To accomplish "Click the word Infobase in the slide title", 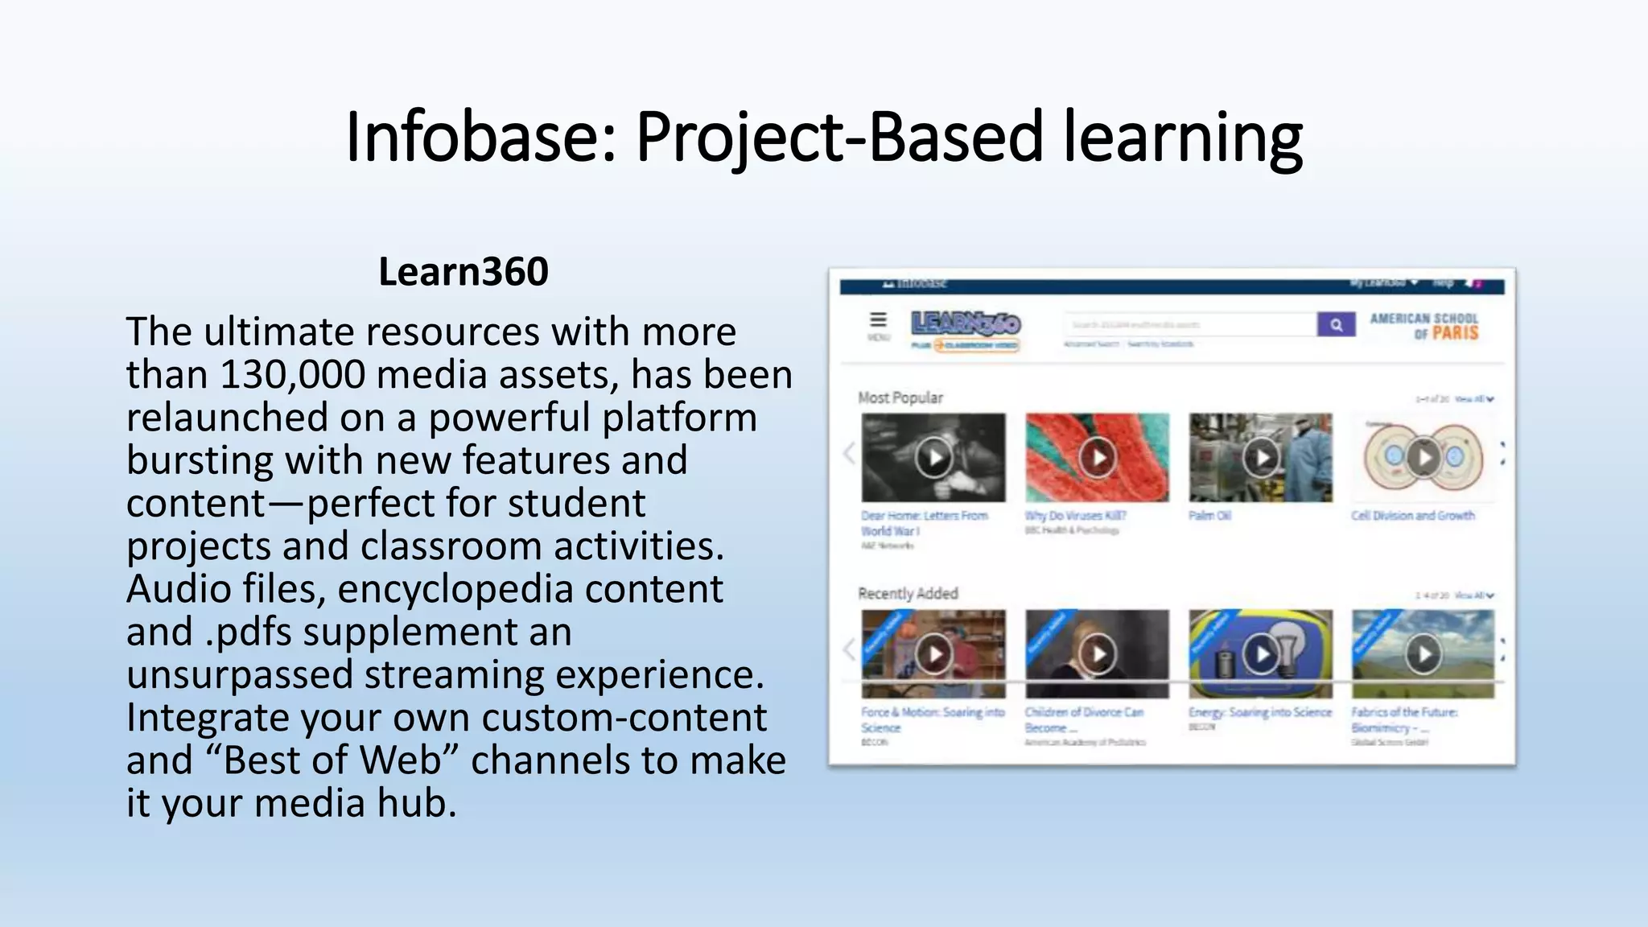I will [x=480, y=136].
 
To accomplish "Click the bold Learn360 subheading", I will [x=463, y=272].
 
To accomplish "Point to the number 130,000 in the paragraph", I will [x=291, y=375].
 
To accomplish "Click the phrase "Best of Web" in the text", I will [x=332, y=760].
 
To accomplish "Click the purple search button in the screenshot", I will [x=1336, y=324].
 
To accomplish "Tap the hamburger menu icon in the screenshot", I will [x=878, y=320].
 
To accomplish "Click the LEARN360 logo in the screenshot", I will [x=966, y=323].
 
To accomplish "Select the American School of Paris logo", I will [x=1424, y=325].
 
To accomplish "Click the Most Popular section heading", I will [x=900, y=398].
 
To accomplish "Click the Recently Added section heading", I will [x=908, y=594].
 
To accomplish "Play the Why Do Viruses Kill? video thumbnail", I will [x=1097, y=457].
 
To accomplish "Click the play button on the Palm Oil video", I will [x=1261, y=457].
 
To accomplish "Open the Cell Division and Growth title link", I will [x=1413, y=516].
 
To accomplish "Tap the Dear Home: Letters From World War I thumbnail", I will [x=933, y=457].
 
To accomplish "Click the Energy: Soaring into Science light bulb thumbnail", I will [x=1261, y=653].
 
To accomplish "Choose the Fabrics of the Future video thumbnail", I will [x=1423, y=653].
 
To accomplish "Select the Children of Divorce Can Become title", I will [x=1083, y=719].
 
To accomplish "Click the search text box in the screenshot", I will [x=1189, y=325].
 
